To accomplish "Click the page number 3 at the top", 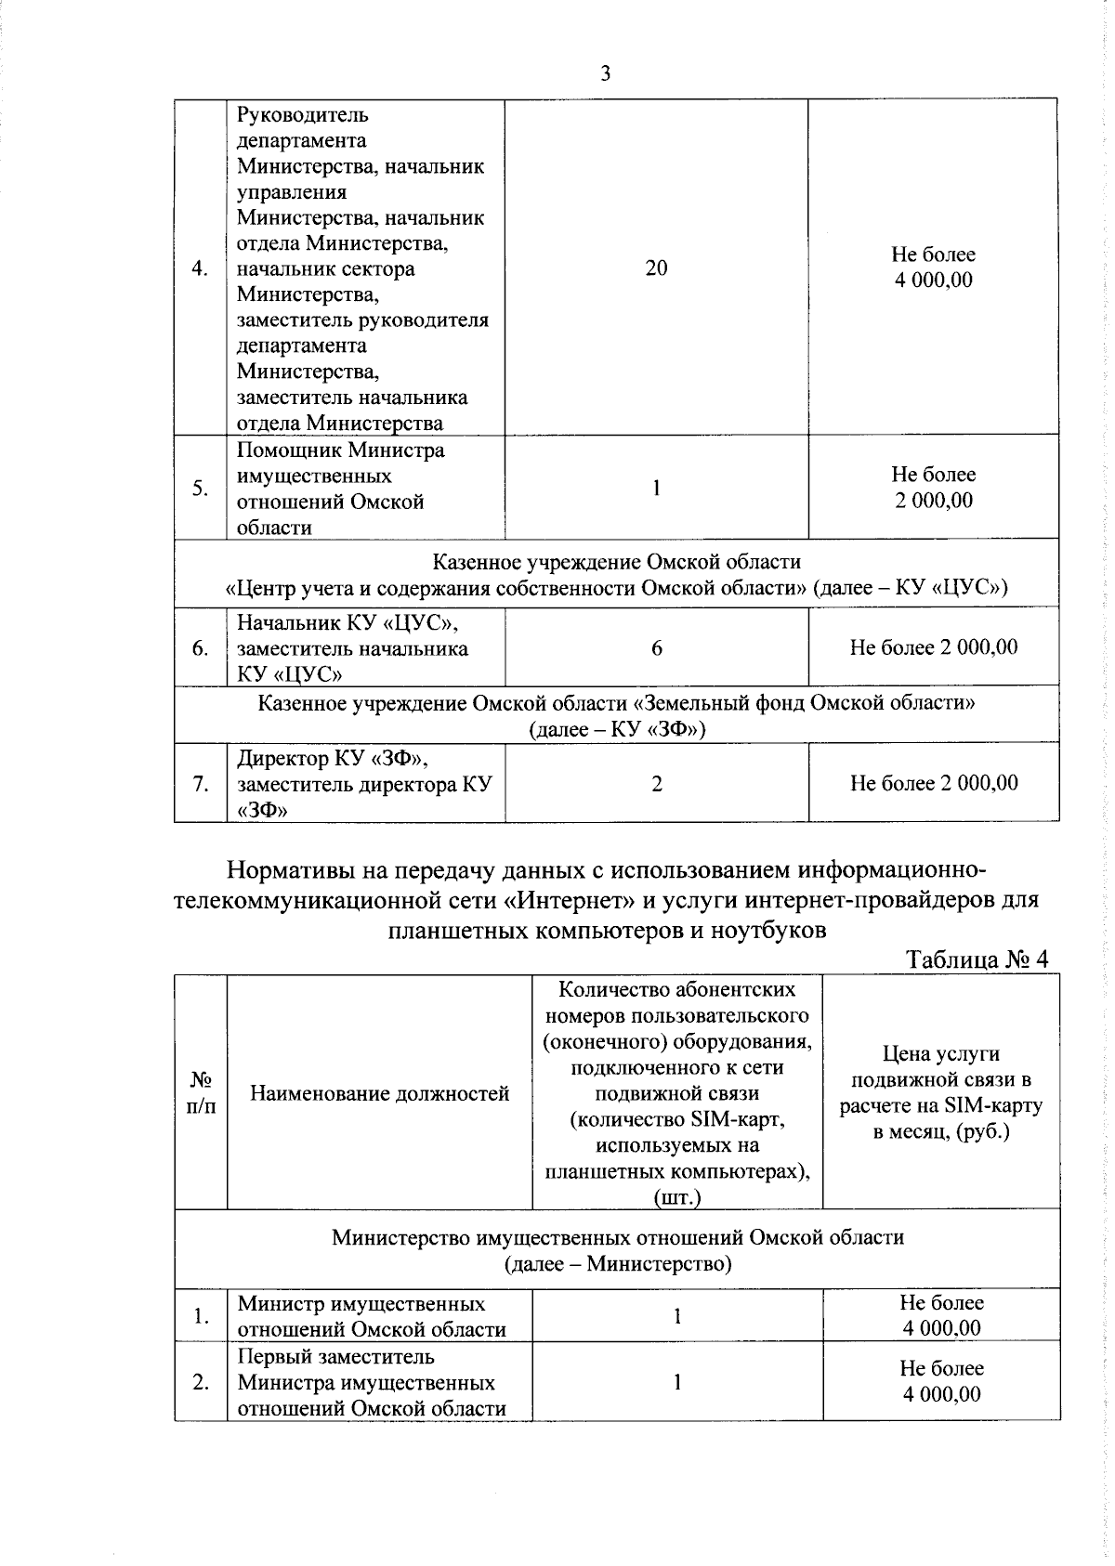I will point(605,74).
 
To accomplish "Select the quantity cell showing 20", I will point(656,268).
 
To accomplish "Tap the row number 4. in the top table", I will point(200,269).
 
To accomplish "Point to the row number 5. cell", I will point(200,489).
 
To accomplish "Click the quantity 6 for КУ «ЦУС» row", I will point(656,648).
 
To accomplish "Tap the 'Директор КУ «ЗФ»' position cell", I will point(363,784).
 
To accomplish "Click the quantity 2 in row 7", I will point(656,784).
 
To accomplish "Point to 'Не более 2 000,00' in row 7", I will point(933,784).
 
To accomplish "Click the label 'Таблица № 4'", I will point(977,959).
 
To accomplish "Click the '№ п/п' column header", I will point(201,1093).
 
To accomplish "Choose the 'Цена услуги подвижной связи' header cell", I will point(940,1093).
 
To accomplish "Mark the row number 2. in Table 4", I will point(200,1382).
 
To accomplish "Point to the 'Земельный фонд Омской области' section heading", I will point(616,703).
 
